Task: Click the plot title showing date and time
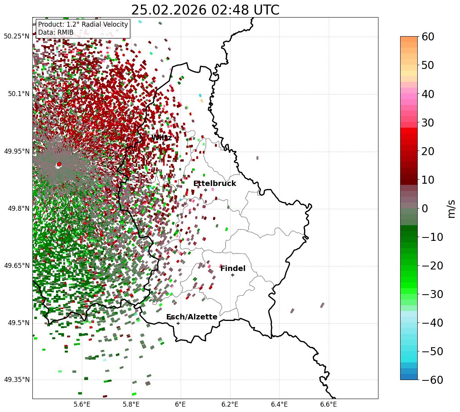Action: click(205, 10)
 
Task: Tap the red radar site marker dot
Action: click(59, 164)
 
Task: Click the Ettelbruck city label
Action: click(215, 184)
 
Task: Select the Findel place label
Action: click(233, 269)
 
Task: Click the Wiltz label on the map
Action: click(162, 138)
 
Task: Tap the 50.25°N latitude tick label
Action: click(16, 37)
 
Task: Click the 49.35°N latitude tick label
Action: click(16, 380)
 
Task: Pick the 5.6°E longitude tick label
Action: click(82, 405)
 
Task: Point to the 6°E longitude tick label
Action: click(180, 405)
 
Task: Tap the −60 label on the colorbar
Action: click(432, 380)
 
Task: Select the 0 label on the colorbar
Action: click(425, 208)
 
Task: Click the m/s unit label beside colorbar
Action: click(451, 208)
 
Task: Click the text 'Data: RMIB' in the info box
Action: click(56, 32)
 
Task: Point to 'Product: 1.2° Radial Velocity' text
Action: click(83, 24)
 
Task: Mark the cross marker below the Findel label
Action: click(232, 275)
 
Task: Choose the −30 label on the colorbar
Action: click(432, 294)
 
